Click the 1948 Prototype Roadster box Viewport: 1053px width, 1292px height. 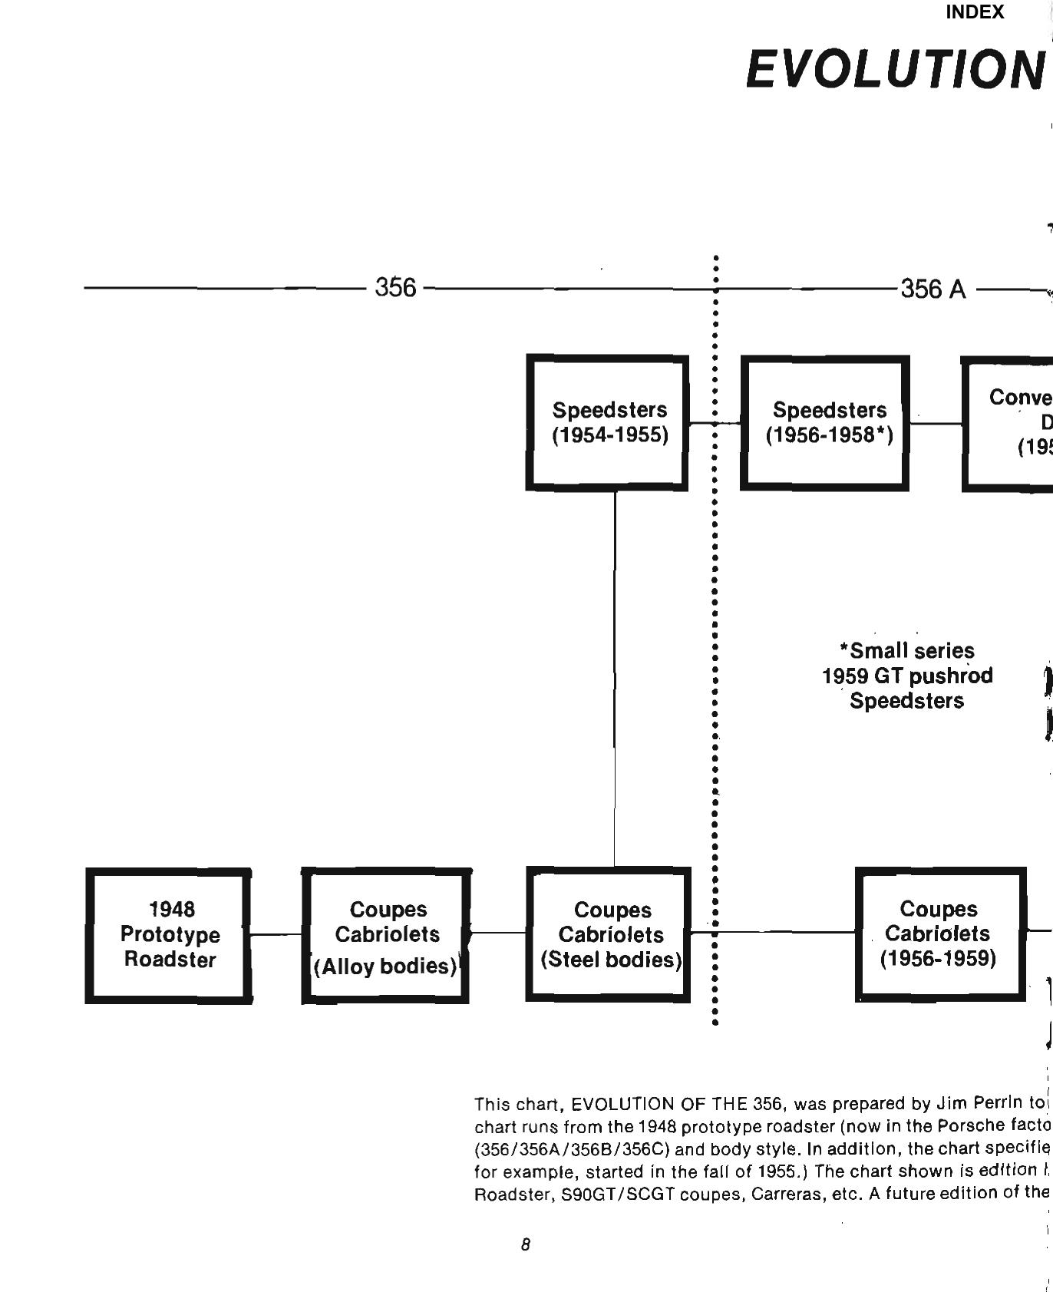(x=169, y=935)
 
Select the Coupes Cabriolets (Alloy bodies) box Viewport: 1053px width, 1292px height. (x=386, y=936)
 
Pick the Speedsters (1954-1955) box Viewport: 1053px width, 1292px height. (x=607, y=422)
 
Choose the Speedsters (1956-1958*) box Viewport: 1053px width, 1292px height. (x=825, y=422)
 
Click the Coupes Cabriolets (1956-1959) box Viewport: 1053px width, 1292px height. (x=940, y=934)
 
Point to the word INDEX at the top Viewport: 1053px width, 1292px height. (x=975, y=12)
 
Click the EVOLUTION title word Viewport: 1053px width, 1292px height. (x=895, y=69)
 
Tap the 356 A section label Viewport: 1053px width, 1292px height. (x=933, y=289)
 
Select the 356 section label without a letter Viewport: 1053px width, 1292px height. (x=395, y=288)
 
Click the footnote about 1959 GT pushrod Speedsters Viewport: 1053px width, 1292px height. (x=907, y=676)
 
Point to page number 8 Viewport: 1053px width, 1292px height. (x=525, y=1244)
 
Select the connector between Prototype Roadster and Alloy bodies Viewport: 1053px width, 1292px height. (x=276, y=934)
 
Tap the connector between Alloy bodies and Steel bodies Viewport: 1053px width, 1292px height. (x=497, y=933)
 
